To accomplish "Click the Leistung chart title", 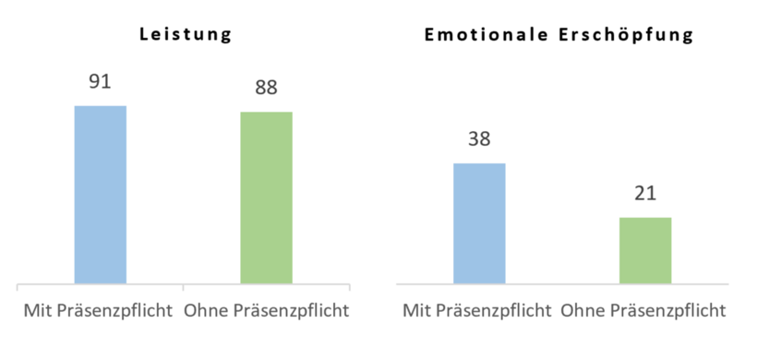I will coord(184,36).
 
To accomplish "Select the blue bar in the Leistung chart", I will coord(100,194).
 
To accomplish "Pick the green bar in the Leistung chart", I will coord(266,198).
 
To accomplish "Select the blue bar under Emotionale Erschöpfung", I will coord(479,222).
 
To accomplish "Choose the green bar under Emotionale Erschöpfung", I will coord(644,249).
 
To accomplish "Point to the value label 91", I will coord(100,82).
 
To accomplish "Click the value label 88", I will coord(266,89).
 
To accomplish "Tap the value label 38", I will coord(479,139).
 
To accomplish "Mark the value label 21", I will coord(644,194).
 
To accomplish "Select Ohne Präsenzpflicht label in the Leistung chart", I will coord(267,310).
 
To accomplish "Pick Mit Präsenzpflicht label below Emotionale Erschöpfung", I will coord(477,310).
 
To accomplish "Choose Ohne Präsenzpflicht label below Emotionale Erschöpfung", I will coord(643,310).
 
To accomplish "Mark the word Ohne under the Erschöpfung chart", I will coord(579,310).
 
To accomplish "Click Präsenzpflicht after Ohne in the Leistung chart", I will coord(288,310).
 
